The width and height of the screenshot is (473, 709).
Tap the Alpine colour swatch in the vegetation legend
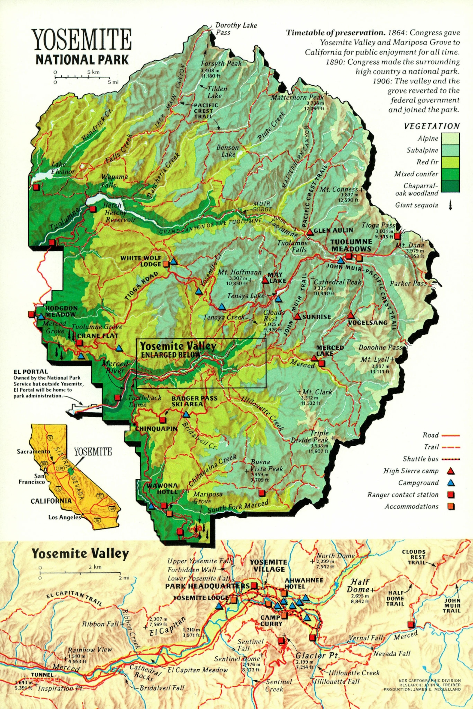(x=450, y=138)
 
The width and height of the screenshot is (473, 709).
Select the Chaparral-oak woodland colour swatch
(x=450, y=186)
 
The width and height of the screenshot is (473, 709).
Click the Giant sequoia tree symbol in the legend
(x=450, y=206)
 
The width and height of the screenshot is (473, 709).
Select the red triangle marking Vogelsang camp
(x=350, y=316)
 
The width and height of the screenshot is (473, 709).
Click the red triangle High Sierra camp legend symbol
(x=451, y=471)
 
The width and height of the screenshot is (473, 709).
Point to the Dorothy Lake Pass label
(x=236, y=28)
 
